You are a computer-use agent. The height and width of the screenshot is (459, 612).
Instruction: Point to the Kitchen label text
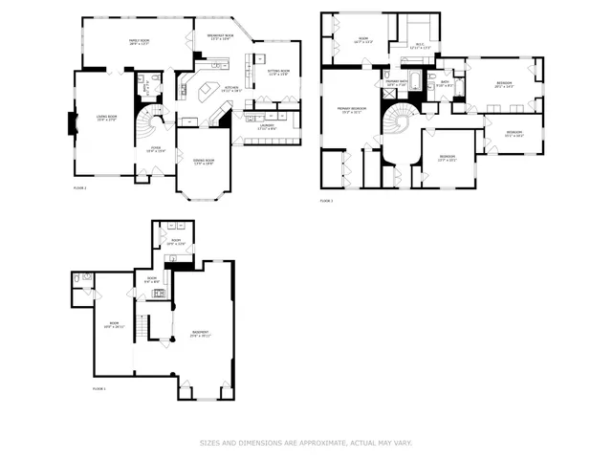click(x=231, y=89)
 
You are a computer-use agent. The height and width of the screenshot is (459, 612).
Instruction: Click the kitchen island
click(x=206, y=93)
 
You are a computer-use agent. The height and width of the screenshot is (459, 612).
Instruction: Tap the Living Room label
click(x=106, y=119)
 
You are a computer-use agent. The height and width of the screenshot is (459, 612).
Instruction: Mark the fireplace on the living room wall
click(x=69, y=123)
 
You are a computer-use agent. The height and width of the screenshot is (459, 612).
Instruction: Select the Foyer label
click(x=154, y=148)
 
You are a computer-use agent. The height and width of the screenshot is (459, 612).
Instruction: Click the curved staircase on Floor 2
click(x=148, y=122)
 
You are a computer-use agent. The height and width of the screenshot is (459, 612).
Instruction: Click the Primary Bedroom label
click(x=351, y=111)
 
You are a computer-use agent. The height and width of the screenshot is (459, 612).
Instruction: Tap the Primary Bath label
click(x=398, y=83)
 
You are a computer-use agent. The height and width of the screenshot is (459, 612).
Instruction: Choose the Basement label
click(x=200, y=333)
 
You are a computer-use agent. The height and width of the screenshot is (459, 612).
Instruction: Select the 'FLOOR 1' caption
click(x=98, y=389)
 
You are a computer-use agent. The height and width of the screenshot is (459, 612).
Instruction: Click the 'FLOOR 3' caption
click(x=326, y=201)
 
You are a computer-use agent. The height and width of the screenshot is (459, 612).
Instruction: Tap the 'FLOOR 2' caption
click(x=80, y=188)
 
